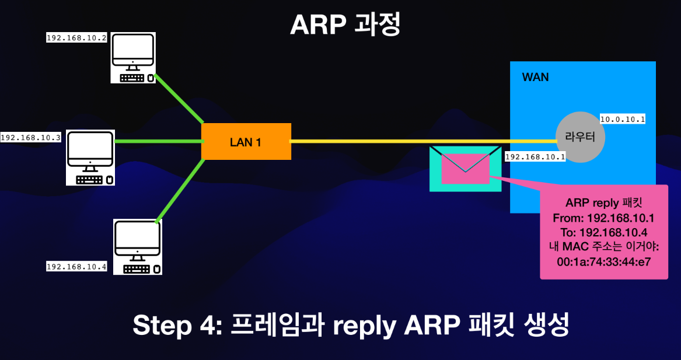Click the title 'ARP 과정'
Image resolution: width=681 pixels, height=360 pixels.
tap(345, 25)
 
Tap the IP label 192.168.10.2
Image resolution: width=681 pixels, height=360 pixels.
tap(77, 37)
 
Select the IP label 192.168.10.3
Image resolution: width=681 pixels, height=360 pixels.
tap(31, 138)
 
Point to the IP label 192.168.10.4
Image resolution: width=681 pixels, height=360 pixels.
tap(77, 267)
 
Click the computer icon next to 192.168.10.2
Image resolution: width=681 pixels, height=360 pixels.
tap(133, 58)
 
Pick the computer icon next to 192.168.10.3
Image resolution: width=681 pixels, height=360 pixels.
tap(90, 158)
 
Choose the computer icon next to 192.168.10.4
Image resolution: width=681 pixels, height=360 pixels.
tap(137, 247)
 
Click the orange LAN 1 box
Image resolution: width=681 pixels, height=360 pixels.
tap(246, 141)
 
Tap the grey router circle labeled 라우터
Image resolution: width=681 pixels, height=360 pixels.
tap(579, 137)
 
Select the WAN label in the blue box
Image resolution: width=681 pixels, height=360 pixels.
tap(535, 78)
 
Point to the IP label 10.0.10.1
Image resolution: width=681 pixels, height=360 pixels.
tap(623, 120)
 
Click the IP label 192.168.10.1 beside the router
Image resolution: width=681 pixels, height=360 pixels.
tap(535, 157)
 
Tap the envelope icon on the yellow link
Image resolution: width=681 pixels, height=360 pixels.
tap(465, 169)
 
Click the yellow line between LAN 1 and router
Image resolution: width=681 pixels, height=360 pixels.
tap(379, 141)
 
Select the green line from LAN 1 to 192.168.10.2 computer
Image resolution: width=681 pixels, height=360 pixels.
tap(178, 99)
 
